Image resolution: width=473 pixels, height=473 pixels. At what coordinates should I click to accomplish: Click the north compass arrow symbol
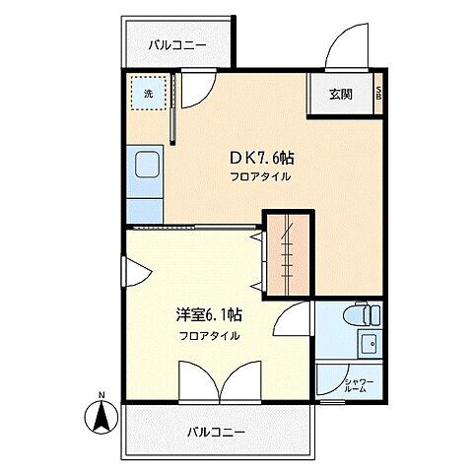(101, 419)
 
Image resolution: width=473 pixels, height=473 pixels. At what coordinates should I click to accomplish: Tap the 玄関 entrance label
(340, 95)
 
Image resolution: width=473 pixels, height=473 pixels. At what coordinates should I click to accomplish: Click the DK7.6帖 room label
(262, 158)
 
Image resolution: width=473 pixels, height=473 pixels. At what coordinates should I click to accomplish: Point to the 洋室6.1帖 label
(209, 315)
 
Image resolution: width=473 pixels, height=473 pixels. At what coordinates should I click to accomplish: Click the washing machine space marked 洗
(149, 95)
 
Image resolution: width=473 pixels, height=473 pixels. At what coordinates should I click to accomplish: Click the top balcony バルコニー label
(177, 44)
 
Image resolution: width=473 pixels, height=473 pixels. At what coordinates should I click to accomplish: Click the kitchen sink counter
(144, 182)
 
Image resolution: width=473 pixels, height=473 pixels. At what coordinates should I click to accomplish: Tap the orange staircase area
(288, 254)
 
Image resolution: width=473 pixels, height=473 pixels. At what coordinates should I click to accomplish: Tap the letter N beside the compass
(101, 398)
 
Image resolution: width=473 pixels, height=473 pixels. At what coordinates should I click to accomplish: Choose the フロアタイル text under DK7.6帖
(261, 176)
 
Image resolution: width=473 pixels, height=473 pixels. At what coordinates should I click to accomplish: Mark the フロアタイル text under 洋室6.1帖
(209, 335)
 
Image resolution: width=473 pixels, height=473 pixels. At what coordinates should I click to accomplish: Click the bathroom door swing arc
(291, 320)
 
